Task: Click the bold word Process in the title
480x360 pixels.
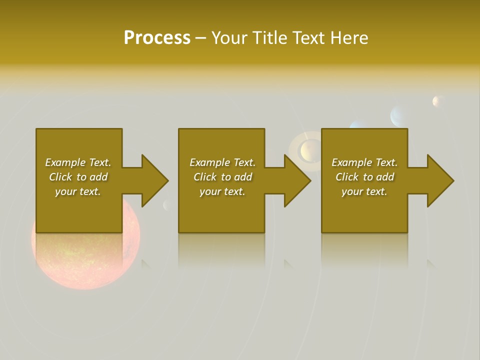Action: point(157,38)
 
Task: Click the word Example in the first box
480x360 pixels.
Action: point(65,162)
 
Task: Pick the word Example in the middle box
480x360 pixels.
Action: point(209,162)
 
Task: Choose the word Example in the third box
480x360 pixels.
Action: point(351,162)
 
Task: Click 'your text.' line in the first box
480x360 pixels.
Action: point(78,191)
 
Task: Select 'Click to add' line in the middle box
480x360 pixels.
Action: point(222,177)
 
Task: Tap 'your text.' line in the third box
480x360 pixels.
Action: point(364,191)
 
